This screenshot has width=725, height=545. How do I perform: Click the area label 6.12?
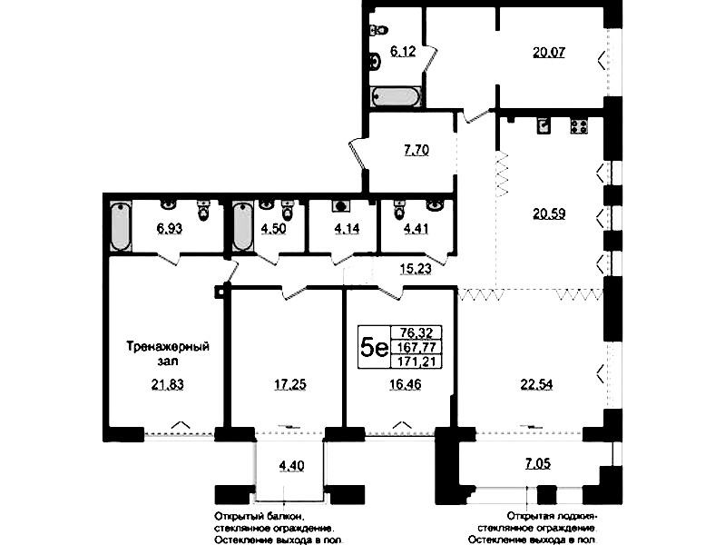click(403, 52)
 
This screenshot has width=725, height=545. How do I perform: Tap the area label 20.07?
click(549, 53)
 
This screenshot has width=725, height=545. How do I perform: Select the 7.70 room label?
click(416, 151)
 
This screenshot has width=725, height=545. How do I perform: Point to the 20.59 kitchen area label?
click(549, 214)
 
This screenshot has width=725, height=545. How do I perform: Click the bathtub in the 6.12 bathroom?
click(397, 97)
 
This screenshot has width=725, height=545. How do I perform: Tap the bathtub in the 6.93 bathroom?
click(121, 226)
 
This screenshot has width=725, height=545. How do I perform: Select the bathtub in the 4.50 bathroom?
click(243, 226)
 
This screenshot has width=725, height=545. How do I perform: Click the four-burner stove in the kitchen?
click(579, 126)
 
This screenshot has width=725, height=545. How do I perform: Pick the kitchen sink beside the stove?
click(544, 125)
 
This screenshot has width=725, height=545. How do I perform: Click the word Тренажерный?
click(168, 347)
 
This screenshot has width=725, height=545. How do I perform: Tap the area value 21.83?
click(167, 384)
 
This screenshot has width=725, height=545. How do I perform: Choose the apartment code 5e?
click(374, 348)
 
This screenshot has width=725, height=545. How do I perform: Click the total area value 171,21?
click(416, 362)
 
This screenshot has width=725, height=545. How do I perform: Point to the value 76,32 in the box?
click(416, 332)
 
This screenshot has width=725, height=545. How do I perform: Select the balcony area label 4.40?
click(291, 465)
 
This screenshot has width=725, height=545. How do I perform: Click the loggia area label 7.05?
click(538, 463)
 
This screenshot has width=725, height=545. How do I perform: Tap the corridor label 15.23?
click(416, 269)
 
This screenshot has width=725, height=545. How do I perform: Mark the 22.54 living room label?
click(536, 384)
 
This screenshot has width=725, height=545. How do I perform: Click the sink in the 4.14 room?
click(342, 206)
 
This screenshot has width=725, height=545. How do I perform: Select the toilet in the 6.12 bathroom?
click(377, 31)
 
